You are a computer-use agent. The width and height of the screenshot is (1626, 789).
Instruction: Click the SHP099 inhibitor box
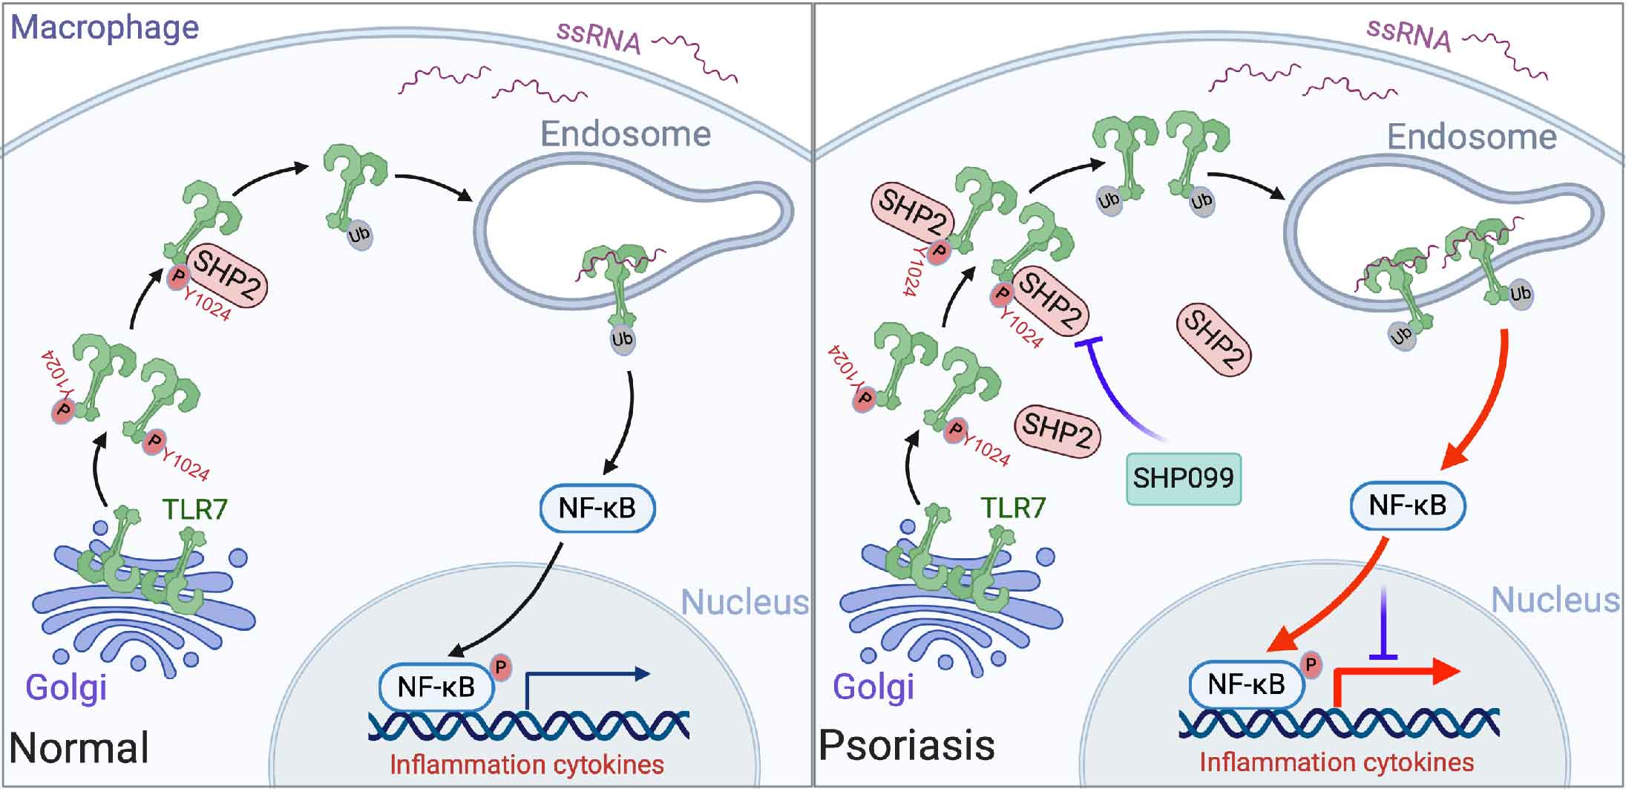coord(1183,478)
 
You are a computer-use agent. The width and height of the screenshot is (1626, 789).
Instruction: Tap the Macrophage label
coord(105,28)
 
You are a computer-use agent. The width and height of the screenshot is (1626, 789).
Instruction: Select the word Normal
coord(79,747)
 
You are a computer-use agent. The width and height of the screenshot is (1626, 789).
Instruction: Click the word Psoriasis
coord(906,744)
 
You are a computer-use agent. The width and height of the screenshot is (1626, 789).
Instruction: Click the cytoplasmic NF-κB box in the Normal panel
coord(597,508)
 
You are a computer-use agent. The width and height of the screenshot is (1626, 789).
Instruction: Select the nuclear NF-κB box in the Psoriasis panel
coord(1247,684)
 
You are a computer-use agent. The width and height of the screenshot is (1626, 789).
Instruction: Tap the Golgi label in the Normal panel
coord(67,687)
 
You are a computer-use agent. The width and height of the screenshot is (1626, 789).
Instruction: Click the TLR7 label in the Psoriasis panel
coord(1013,508)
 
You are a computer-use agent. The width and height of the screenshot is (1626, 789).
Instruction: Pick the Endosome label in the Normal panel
coord(626,134)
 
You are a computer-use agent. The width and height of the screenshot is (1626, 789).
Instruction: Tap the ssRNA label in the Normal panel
coord(599,37)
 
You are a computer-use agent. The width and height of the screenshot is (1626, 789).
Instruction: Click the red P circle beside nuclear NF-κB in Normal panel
coord(501,668)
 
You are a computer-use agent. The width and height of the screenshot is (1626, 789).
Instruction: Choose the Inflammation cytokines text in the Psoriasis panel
coord(1337,762)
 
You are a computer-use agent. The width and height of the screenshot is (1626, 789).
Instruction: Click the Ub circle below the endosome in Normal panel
coord(622,340)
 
